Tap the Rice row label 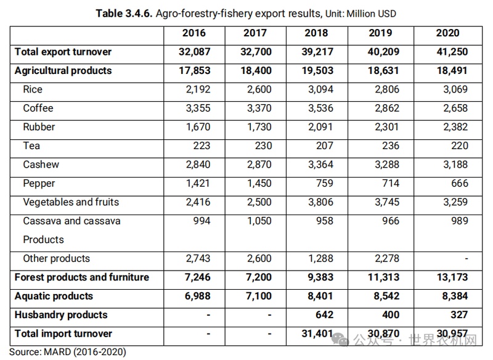click(33, 89)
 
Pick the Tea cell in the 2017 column click(259, 145)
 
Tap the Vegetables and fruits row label click(71, 202)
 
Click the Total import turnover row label click(63, 333)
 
